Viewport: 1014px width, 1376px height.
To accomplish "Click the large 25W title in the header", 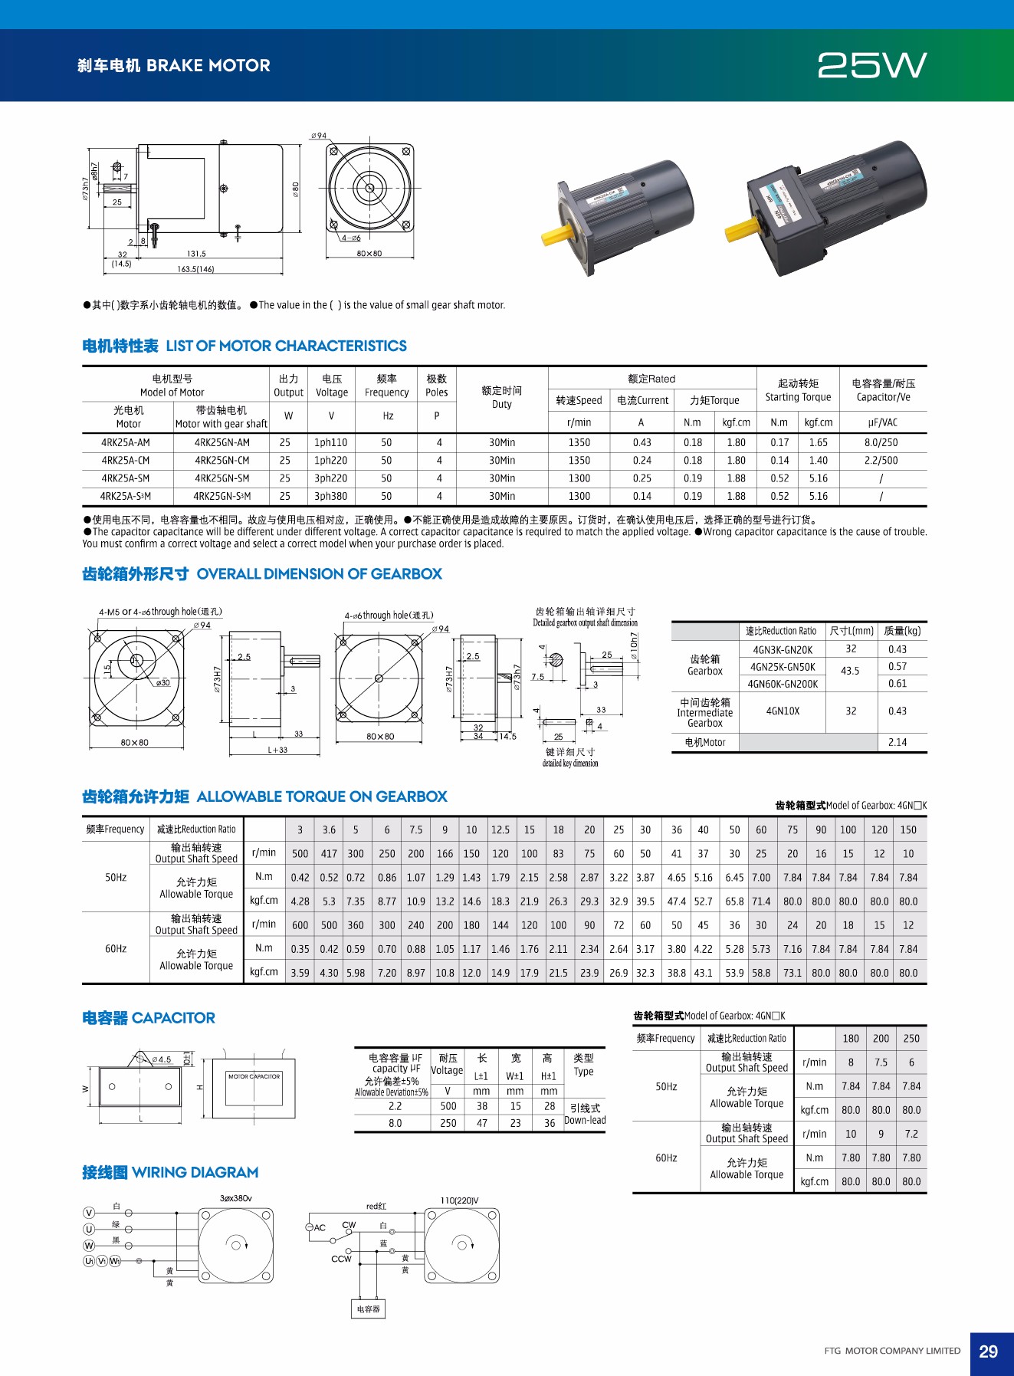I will click(x=872, y=66).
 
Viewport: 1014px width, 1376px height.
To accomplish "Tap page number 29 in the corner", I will click(x=988, y=1351).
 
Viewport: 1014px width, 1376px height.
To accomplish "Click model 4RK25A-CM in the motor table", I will click(x=126, y=461).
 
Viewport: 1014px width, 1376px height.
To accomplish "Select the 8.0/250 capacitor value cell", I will click(x=881, y=442).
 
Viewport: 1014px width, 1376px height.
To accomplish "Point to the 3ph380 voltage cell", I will click(x=330, y=496).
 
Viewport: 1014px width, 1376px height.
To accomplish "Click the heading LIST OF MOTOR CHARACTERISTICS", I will click(x=286, y=346).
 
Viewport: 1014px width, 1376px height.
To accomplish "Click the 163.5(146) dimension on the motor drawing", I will click(x=195, y=269).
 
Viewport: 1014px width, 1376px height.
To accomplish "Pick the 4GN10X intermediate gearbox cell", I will click(x=783, y=711).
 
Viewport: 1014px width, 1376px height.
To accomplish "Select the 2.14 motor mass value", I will click(x=897, y=742).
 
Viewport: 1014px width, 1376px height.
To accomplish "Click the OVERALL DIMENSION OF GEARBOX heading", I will click(x=319, y=574).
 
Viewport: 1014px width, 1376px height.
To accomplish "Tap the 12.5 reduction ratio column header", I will click(x=500, y=829).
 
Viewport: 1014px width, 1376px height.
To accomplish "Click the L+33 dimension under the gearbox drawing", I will click(x=277, y=750).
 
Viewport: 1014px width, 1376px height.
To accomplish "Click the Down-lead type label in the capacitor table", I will click(x=585, y=1120).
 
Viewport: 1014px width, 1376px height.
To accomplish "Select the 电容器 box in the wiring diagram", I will click(x=368, y=1309).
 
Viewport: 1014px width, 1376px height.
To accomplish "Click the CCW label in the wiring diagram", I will click(x=341, y=1259).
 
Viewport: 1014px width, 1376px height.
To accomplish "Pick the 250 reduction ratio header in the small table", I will click(x=911, y=1038).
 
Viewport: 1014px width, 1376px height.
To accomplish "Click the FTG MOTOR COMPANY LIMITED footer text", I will click(x=892, y=1351).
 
